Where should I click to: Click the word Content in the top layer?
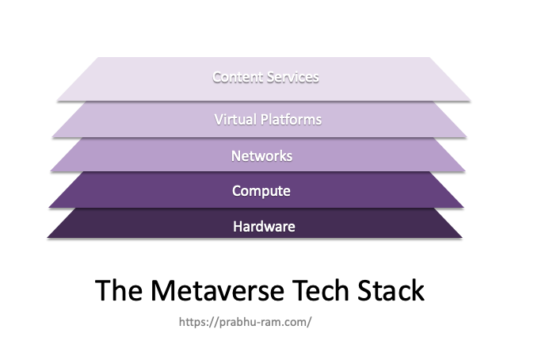tap(238, 77)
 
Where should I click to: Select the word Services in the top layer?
tap(293, 77)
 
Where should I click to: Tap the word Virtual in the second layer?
tap(235, 120)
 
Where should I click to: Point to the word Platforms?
tap(291, 120)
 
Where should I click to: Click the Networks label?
tap(261, 156)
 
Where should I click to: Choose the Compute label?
tap(261, 191)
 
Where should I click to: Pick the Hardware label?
tap(264, 227)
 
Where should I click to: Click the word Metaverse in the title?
tap(217, 290)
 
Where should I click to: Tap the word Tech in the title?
tap(320, 290)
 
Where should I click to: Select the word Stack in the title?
tap(391, 290)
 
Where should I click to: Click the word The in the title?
tap(119, 290)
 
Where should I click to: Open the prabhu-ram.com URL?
tap(245, 322)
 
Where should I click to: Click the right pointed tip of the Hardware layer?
tap(462, 237)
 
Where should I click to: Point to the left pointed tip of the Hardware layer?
tap(48, 237)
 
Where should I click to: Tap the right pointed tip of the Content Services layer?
tap(471, 101)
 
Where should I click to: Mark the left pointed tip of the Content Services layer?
tap(57, 101)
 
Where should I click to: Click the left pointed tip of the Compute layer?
tap(49, 207)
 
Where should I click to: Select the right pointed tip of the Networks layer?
tap(465, 170)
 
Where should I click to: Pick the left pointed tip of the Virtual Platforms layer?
tap(52, 137)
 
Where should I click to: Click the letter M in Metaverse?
tap(162, 290)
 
